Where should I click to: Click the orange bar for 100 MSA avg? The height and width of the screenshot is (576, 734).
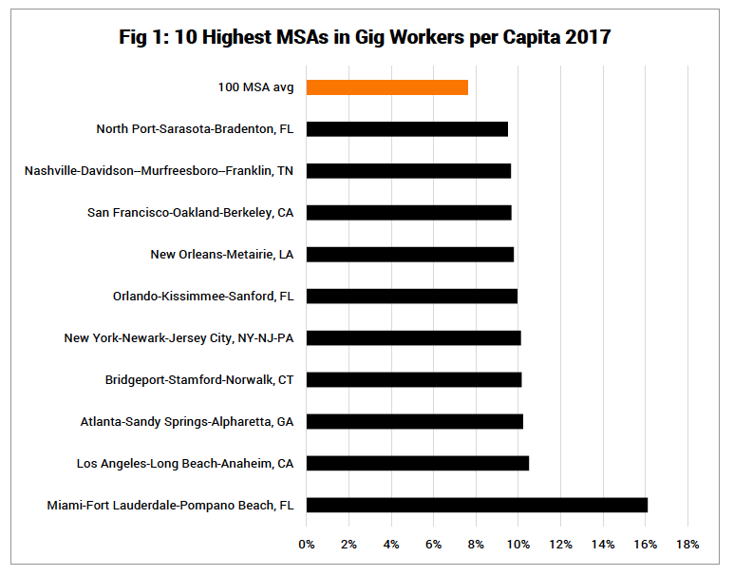click(x=387, y=87)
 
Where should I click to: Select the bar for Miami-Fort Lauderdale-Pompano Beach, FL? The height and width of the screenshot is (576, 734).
click(x=477, y=505)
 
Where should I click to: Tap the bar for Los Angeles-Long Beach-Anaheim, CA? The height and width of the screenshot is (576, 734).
click(x=418, y=463)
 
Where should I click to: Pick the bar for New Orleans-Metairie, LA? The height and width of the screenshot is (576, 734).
click(x=410, y=255)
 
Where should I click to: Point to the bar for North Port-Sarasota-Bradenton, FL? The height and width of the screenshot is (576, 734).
click(x=407, y=129)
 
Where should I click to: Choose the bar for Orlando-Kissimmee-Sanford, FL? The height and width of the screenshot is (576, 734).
click(x=412, y=297)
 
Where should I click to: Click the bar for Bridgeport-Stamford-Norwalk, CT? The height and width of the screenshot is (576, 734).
click(x=414, y=379)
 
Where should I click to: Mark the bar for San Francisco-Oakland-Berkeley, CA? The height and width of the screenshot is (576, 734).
click(x=409, y=213)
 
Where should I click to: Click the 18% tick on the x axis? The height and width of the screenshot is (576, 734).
click(x=687, y=545)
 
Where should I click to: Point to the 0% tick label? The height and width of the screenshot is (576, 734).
click(x=306, y=545)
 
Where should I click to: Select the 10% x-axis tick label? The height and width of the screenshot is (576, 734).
click(x=518, y=545)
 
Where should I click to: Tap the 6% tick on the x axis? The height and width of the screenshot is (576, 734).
click(x=433, y=545)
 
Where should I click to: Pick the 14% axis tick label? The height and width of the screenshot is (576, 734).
click(x=603, y=545)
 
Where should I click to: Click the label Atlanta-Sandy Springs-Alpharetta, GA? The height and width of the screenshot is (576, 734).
click(x=187, y=421)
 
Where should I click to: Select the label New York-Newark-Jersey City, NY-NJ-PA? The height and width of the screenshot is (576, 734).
click(x=179, y=337)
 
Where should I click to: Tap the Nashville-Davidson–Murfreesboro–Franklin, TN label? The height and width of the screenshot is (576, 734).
click(x=159, y=171)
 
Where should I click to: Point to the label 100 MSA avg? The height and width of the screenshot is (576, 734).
click(x=255, y=87)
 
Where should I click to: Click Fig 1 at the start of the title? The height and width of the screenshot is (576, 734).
click(x=143, y=38)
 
